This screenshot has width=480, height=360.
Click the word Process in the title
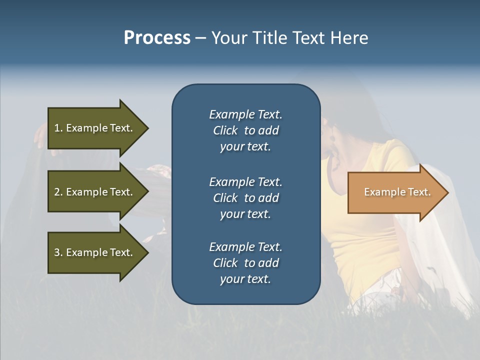point(157,38)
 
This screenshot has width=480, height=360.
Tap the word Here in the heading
point(348,38)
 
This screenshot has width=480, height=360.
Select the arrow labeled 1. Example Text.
point(93,128)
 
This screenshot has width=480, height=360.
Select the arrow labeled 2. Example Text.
point(93,192)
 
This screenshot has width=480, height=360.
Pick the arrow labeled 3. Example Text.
point(93,252)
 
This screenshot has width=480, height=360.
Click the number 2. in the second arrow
point(58,192)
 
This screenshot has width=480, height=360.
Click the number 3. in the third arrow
point(58,252)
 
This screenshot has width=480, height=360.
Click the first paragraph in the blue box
point(245,130)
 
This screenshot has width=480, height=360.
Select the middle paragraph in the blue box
point(245,198)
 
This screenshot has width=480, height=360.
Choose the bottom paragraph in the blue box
point(245,263)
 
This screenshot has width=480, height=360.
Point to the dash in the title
point(200,38)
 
